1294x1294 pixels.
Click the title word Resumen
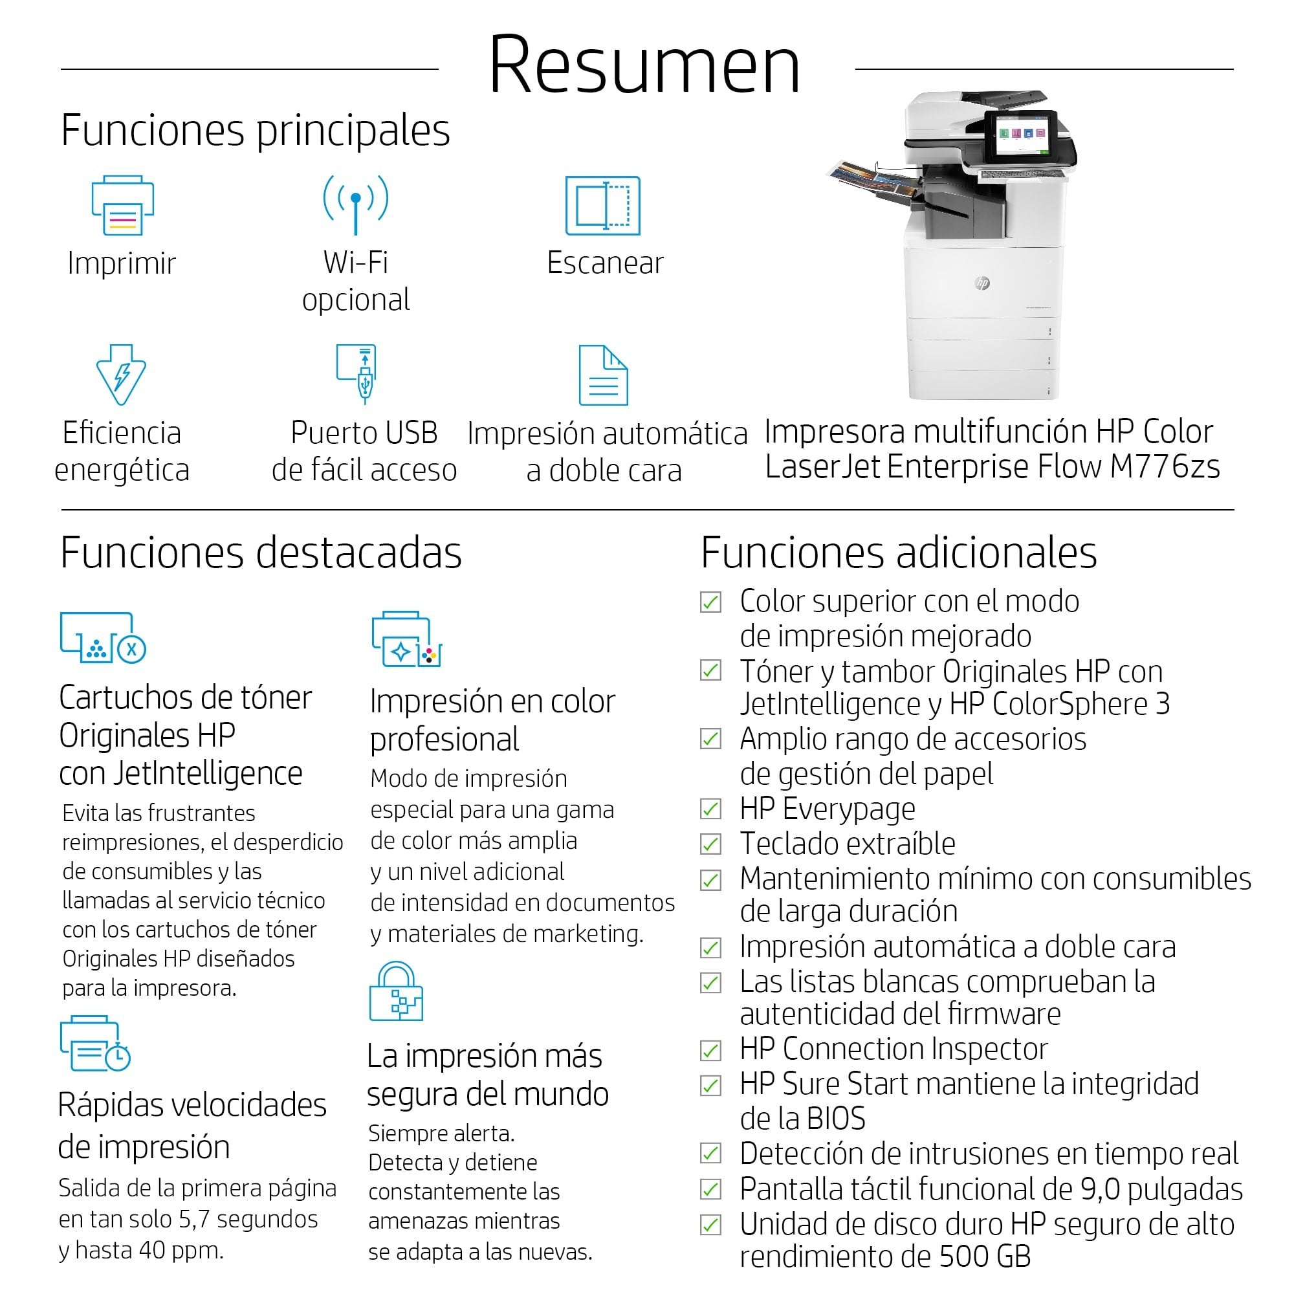click(x=644, y=65)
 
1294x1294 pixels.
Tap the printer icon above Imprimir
click(x=122, y=206)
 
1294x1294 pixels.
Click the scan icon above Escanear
click(x=603, y=206)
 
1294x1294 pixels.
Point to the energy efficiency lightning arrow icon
click(x=121, y=375)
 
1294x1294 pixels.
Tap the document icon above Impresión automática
click(x=603, y=375)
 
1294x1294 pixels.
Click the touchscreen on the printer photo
click(x=1022, y=136)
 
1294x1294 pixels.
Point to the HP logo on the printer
click(x=982, y=283)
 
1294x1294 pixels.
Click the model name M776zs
click(x=1164, y=467)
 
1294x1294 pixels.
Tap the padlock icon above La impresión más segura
click(x=396, y=992)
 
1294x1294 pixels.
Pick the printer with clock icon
click(x=95, y=1044)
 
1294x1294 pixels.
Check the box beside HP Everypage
click(x=710, y=809)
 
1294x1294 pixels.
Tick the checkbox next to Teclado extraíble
click(x=710, y=844)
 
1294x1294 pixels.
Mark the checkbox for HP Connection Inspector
click(x=710, y=1050)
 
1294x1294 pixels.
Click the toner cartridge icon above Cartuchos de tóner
click(x=102, y=638)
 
